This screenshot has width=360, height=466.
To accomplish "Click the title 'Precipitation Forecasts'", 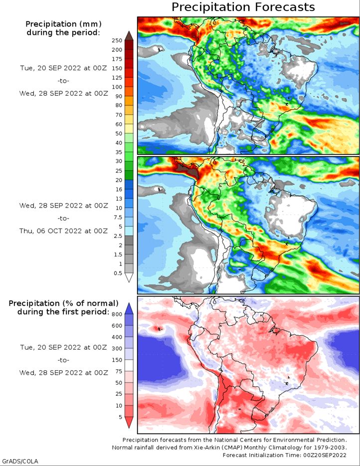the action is tap(243, 7).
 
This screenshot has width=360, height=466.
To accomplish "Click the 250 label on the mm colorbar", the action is tap(117, 40).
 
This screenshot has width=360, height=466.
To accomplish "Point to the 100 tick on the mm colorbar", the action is tap(117, 87).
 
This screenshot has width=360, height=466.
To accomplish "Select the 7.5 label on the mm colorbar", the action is tap(118, 217).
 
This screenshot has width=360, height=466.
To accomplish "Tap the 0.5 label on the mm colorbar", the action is tap(118, 273).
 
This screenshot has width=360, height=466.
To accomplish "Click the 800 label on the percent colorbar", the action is tap(117, 314).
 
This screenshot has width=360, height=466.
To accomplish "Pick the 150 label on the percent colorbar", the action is tap(117, 360).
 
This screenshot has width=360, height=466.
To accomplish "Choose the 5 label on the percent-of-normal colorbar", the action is tap(120, 417).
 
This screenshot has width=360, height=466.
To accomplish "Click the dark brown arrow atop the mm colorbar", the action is tap(129, 35).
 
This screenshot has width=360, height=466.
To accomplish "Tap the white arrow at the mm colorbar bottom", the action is tap(129, 277).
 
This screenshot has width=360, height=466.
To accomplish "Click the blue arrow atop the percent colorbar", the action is tap(129, 308).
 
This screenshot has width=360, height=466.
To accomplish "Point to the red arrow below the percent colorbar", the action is tap(129, 422).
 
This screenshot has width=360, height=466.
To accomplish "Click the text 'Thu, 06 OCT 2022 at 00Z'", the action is tap(63, 231).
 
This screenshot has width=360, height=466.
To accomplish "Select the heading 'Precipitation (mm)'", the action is tap(63, 24).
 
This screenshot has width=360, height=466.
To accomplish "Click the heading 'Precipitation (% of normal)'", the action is tap(63, 303).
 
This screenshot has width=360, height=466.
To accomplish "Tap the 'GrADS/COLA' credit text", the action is tap(19, 461).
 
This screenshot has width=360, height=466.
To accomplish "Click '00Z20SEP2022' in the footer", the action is tap(325, 455).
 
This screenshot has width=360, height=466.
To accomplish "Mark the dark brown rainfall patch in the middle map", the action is tap(186, 171).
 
